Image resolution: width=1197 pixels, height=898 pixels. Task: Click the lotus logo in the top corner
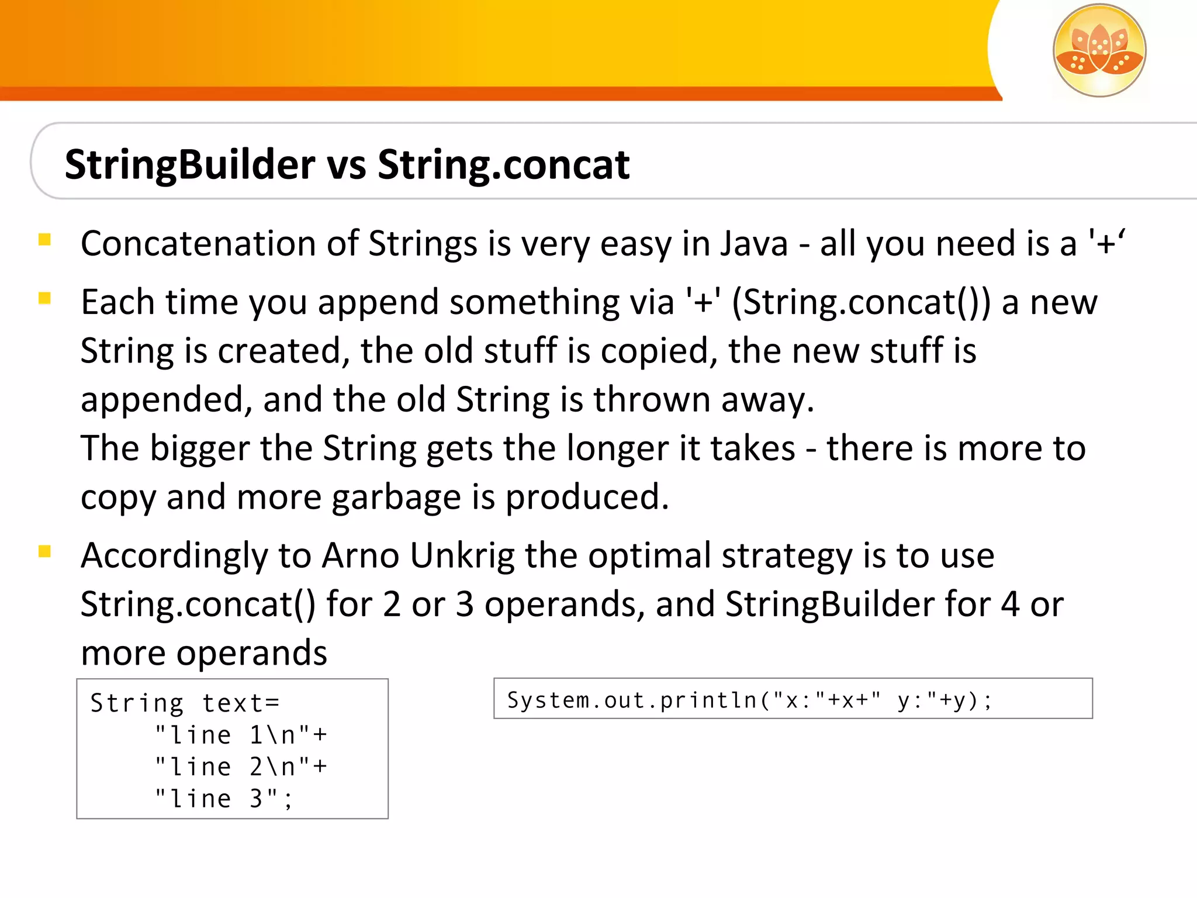(x=1099, y=50)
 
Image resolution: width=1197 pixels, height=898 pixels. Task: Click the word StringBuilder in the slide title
(x=190, y=165)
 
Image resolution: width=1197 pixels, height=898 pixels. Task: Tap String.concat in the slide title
(x=503, y=165)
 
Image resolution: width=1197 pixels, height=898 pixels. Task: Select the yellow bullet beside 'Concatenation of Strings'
(x=44, y=240)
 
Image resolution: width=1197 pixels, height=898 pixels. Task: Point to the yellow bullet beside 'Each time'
(x=44, y=299)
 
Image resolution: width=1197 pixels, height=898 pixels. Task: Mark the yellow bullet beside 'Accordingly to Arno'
(x=44, y=551)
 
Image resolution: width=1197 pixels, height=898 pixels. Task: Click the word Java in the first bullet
(x=753, y=244)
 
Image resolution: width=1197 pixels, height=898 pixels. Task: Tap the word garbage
(x=396, y=498)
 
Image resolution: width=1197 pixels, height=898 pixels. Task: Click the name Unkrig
(x=462, y=555)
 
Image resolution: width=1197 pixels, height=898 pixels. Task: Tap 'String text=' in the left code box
(x=185, y=703)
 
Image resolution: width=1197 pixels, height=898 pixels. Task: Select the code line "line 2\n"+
(x=241, y=767)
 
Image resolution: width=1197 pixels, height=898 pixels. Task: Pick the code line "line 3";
(x=223, y=799)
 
